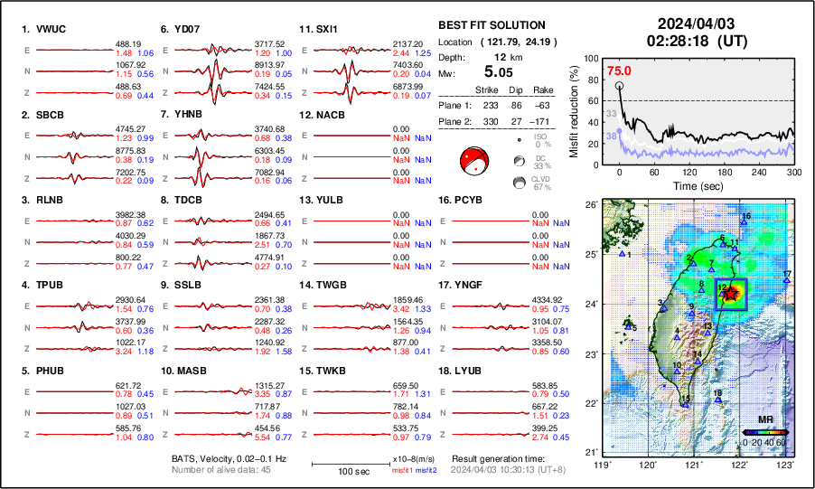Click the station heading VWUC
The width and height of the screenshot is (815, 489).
pyautogui.click(x=44, y=29)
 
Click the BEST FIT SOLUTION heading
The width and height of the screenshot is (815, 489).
pyautogui.click(x=491, y=25)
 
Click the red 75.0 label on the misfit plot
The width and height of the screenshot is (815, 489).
pyautogui.click(x=619, y=71)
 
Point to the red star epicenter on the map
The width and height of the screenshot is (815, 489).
pyautogui.click(x=730, y=291)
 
